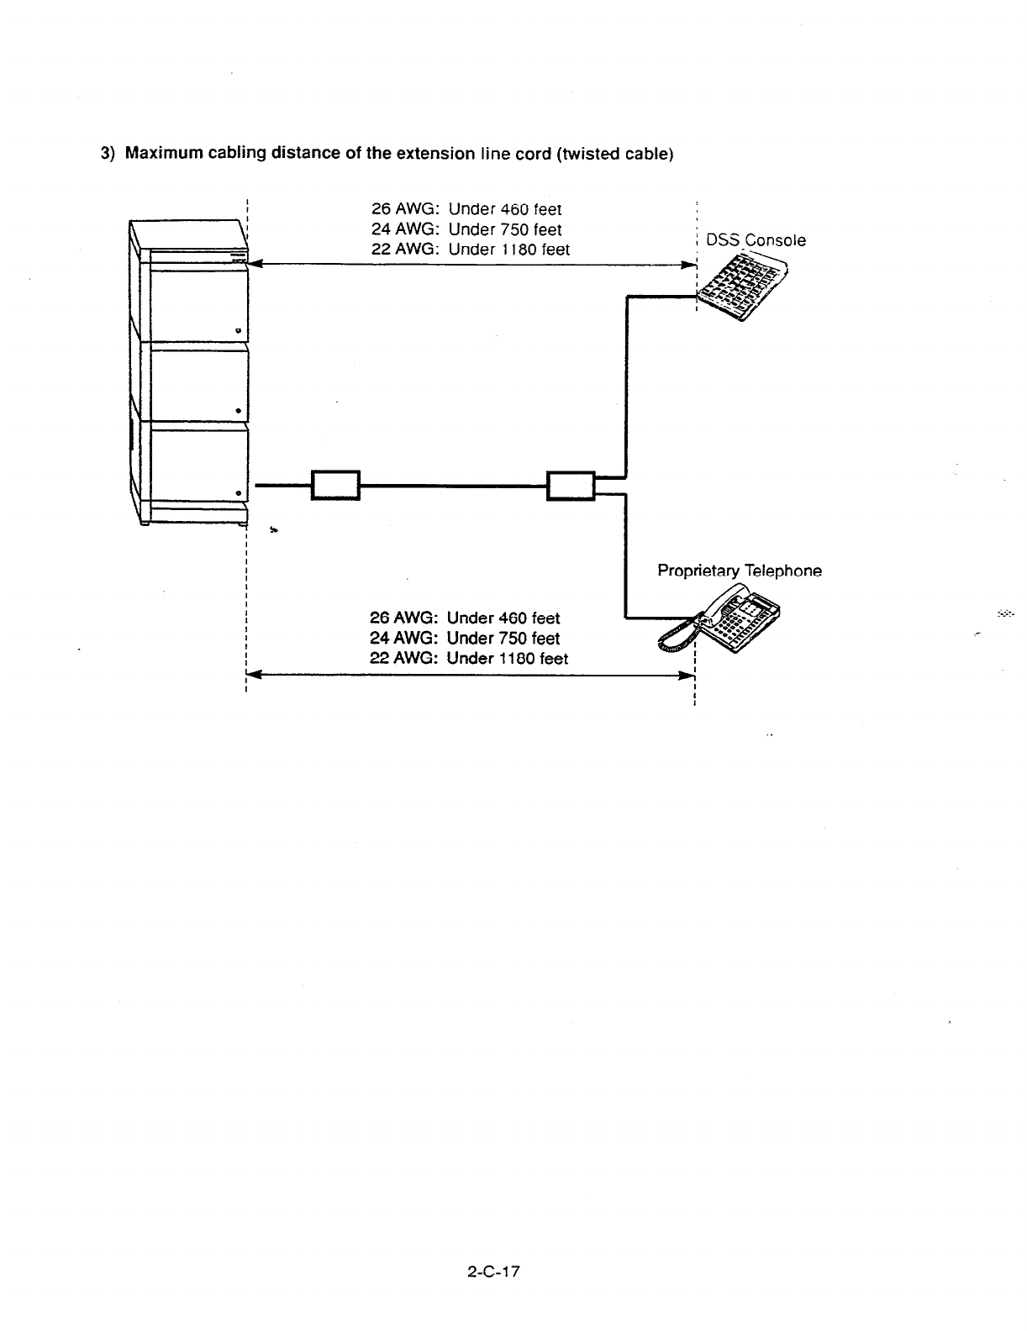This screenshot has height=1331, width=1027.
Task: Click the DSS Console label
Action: [x=756, y=240]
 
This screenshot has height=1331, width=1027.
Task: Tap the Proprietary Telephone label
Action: [x=739, y=571]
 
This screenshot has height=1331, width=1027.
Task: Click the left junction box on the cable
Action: [x=335, y=485]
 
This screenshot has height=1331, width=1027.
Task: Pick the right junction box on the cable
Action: [x=571, y=485]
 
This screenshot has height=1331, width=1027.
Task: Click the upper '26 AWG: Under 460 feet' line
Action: [x=466, y=209]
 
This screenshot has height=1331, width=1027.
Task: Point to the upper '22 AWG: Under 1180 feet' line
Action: [x=470, y=250]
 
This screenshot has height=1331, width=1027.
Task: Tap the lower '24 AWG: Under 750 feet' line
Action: [x=465, y=639]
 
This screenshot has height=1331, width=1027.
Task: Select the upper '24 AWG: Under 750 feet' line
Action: [x=466, y=229]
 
